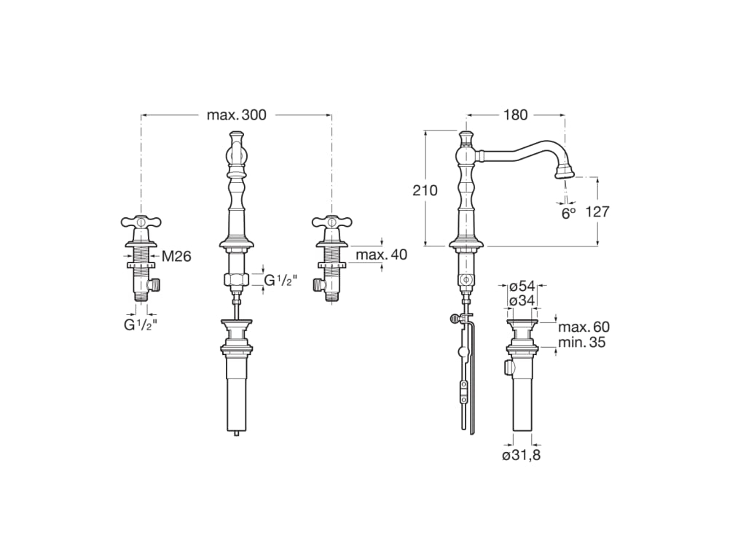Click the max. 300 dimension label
tap(237, 114)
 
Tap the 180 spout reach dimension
tap(516, 114)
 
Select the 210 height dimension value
tap(425, 190)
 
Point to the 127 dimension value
tap(597, 211)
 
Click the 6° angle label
tap(568, 214)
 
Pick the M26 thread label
tap(176, 257)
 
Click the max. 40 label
tap(382, 254)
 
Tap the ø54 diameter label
tap(522, 287)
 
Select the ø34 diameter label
tap(522, 301)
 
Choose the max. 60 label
tap(584, 327)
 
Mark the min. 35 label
tap(582, 343)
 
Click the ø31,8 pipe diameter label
tap(522, 456)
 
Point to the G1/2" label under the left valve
tap(141, 325)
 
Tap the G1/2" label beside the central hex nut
tap(280, 281)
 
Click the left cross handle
tap(141, 222)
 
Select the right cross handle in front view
tap(332, 222)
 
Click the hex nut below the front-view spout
tap(237, 279)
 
